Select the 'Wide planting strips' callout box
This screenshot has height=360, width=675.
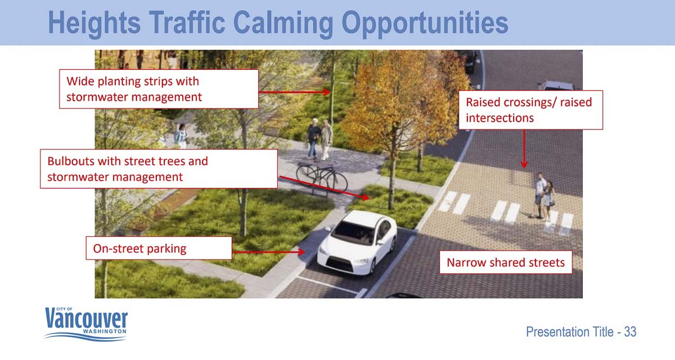coord(159,89)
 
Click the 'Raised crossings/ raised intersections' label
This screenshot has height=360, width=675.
coord(530,110)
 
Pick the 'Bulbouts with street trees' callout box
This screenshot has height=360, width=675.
coord(159,169)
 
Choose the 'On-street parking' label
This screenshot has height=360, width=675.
coord(159,248)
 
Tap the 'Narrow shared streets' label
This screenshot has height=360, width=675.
coord(506,262)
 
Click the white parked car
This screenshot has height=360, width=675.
coord(357,242)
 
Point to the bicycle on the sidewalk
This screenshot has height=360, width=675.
coord(322,178)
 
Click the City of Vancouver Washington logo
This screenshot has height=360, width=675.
coord(86,324)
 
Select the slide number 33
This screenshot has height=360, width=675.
coord(630,332)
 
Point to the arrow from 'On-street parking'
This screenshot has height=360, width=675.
coord(269,252)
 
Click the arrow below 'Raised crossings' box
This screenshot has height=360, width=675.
coord(524,149)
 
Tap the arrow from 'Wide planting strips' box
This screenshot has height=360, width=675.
coord(294,92)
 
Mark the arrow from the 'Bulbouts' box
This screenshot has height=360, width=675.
coord(324,187)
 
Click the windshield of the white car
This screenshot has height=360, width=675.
coord(353,233)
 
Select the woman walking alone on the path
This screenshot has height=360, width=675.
coord(181,135)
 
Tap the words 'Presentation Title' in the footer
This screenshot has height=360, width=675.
coord(570,332)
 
